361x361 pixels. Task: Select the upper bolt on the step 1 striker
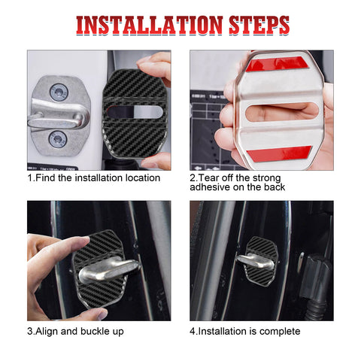[59, 93]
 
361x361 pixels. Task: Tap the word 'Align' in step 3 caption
[48, 331]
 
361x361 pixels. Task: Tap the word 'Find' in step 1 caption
[47, 178]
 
